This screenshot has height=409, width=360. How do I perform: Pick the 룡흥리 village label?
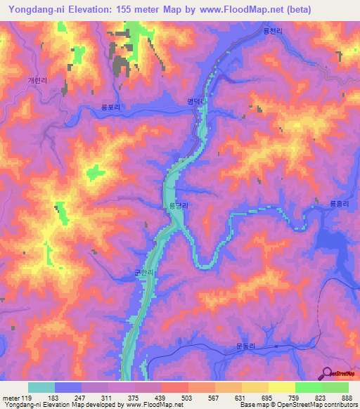(321, 203)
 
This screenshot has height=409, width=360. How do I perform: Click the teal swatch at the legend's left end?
(41, 387)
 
